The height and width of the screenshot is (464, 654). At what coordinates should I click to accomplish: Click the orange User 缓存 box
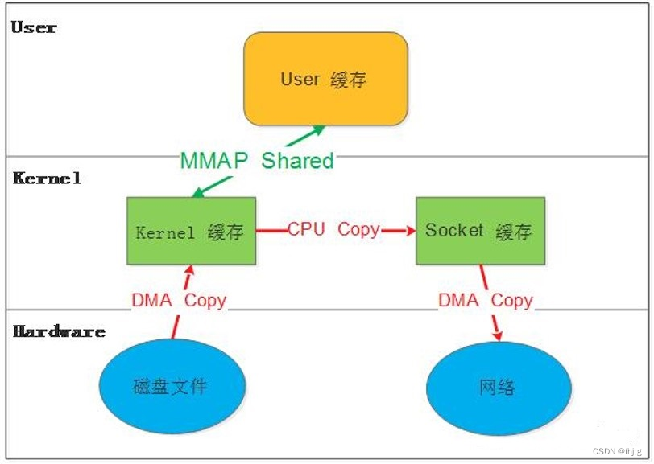click(x=325, y=79)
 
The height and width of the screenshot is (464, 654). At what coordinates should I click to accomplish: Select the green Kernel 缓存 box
click(x=191, y=232)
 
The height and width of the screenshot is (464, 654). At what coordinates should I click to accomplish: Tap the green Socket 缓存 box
click(x=479, y=232)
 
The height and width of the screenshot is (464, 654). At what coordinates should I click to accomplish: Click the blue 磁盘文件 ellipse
click(x=170, y=386)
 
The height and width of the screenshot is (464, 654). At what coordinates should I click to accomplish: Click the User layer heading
click(x=34, y=27)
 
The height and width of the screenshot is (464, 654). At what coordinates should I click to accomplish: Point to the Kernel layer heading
click(x=47, y=178)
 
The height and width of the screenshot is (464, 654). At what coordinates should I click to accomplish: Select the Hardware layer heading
click(x=59, y=331)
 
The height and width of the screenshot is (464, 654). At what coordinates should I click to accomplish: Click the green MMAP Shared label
click(x=256, y=160)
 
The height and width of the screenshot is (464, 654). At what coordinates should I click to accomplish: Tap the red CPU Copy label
click(x=333, y=229)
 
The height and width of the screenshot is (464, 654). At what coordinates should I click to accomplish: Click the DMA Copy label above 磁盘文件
click(x=179, y=301)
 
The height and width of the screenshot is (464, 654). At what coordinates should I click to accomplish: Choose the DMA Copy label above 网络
click(x=485, y=301)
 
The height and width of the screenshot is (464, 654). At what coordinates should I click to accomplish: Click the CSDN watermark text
click(x=618, y=453)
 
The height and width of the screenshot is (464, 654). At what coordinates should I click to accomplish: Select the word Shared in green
click(x=297, y=160)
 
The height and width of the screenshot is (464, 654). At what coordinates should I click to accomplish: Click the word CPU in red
click(x=306, y=229)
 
